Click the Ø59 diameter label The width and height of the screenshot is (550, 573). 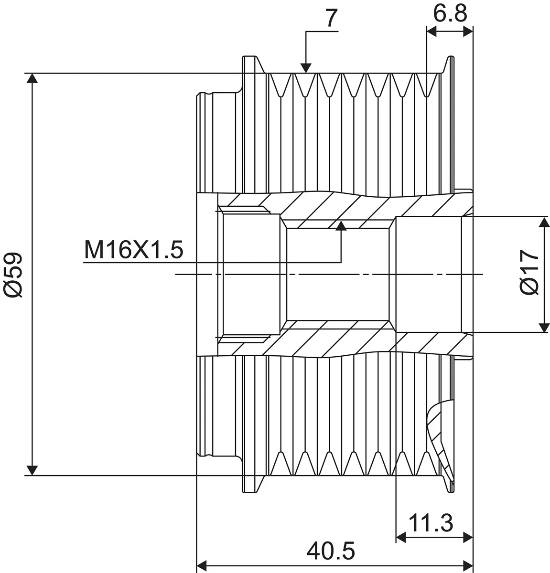click(13, 275)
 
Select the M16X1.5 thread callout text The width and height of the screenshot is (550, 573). click(134, 250)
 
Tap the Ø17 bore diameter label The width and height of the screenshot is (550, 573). click(529, 272)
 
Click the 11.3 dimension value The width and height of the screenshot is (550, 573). click(431, 523)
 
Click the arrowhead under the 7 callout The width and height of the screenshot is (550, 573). click(306, 68)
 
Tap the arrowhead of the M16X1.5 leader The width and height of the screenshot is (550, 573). click(341, 226)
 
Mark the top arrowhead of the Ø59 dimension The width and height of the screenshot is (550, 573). click(32, 78)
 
